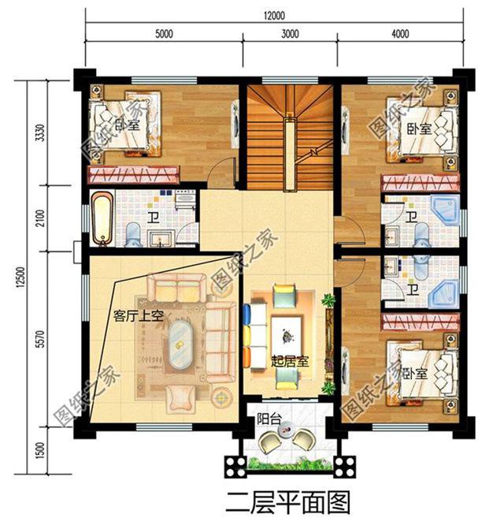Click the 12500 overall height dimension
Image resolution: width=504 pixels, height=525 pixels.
click(x=18, y=278)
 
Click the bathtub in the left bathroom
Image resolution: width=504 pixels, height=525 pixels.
click(x=102, y=217)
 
